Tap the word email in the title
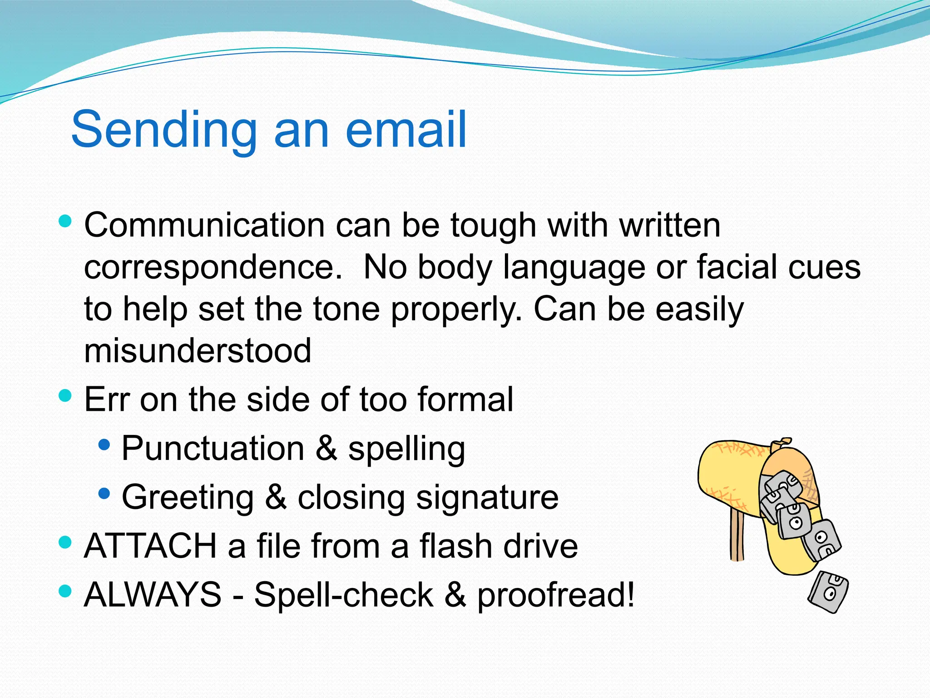click(x=406, y=130)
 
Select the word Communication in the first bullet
click(x=204, y=225)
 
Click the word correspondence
click(x=213, y=267)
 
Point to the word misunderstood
click(x=198, y=351)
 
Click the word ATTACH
click(x=150, y=546)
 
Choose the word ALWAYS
click(x=153, y=594)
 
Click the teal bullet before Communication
click(x=65, y=221)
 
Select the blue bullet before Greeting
click(x=104, y=493)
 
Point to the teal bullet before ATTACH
click(x=65, y=542)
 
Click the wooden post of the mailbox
click(x=737, y=536)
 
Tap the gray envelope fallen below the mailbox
click(x=828, y=592)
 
